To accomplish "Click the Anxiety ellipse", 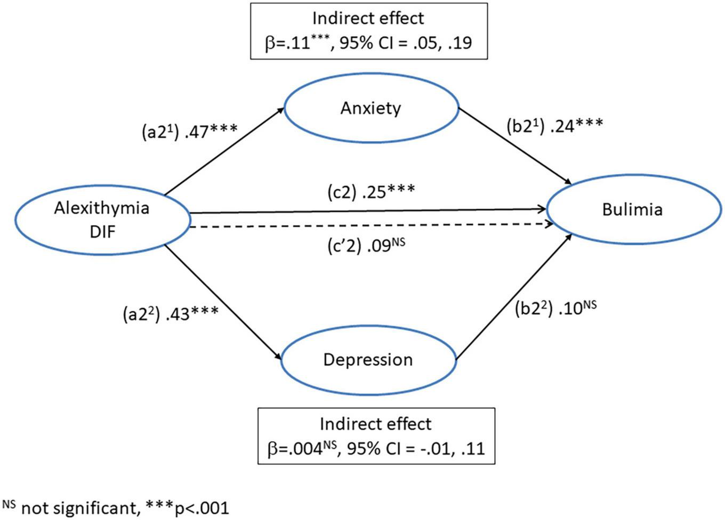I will tap(372, 108).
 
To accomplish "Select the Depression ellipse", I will tap(368, 360).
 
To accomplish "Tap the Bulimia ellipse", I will tap(633, 209).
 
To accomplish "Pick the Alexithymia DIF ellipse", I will tap(102, 218).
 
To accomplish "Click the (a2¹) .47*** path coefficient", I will tap(189, 131).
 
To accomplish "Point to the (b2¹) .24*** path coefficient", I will tap(554, 126).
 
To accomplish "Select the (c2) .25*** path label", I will tap(371, 192).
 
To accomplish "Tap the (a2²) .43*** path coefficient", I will tap(170, 314).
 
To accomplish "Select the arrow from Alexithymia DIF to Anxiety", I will tap(224, 151).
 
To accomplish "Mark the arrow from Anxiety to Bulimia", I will tap(515, 146).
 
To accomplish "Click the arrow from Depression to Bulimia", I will tap(514, 296).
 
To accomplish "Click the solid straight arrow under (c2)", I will tap(368, 211).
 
